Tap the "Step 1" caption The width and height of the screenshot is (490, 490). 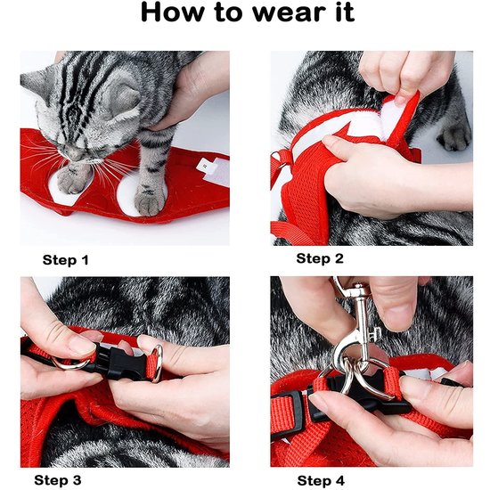(x=66, y=261)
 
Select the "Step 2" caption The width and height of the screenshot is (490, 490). (x=319, y=258)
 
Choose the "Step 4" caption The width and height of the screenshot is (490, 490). (x=321, y=480)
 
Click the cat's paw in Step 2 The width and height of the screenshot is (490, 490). (x=454, y=134)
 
